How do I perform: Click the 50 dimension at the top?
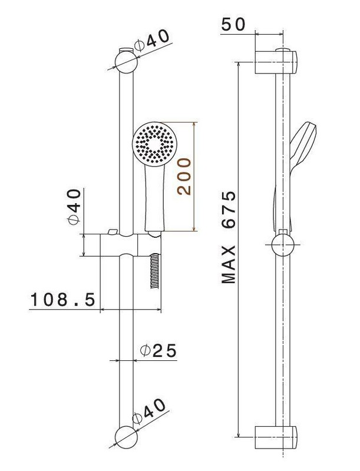pyautogui.click(x=233, y=25)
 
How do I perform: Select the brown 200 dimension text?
pyautogui.click(x=184, y=177)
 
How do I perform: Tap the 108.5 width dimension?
pyautogui.click(x=63, y=300)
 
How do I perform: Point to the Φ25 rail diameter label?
pyautogui.click(x=158, y=350)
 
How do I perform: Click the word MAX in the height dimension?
pyautogui.click(x=229, y=264)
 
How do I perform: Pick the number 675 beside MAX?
pyautogui.click(x=229, y=210)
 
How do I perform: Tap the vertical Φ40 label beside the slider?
pyautogui.click(x=74, y=207)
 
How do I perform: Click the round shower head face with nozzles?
pyautogui.click(x=154, y=144)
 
